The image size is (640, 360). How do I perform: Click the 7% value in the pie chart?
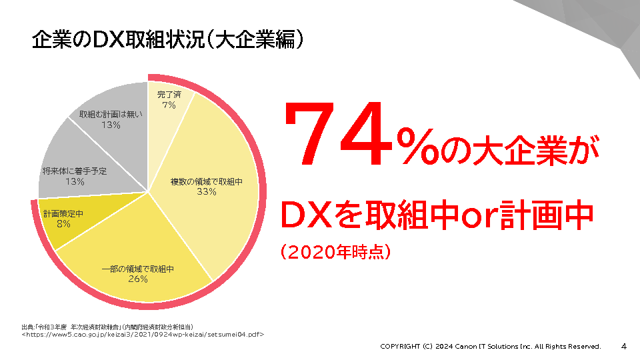tap(168, 105)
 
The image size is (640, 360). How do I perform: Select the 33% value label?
tap(206, 192)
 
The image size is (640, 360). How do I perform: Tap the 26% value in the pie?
tap(137, 279)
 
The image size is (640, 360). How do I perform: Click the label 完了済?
tap(169, 95)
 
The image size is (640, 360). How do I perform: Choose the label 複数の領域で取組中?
tap(206, 181)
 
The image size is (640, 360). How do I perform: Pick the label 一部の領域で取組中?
tap(137, 269)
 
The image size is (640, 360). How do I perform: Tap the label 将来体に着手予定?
tap(75, 171)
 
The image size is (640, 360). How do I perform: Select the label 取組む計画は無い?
tap(111, 115)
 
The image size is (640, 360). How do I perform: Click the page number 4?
tap(624, 347)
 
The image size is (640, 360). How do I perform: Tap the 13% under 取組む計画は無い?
tap(111, 125)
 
